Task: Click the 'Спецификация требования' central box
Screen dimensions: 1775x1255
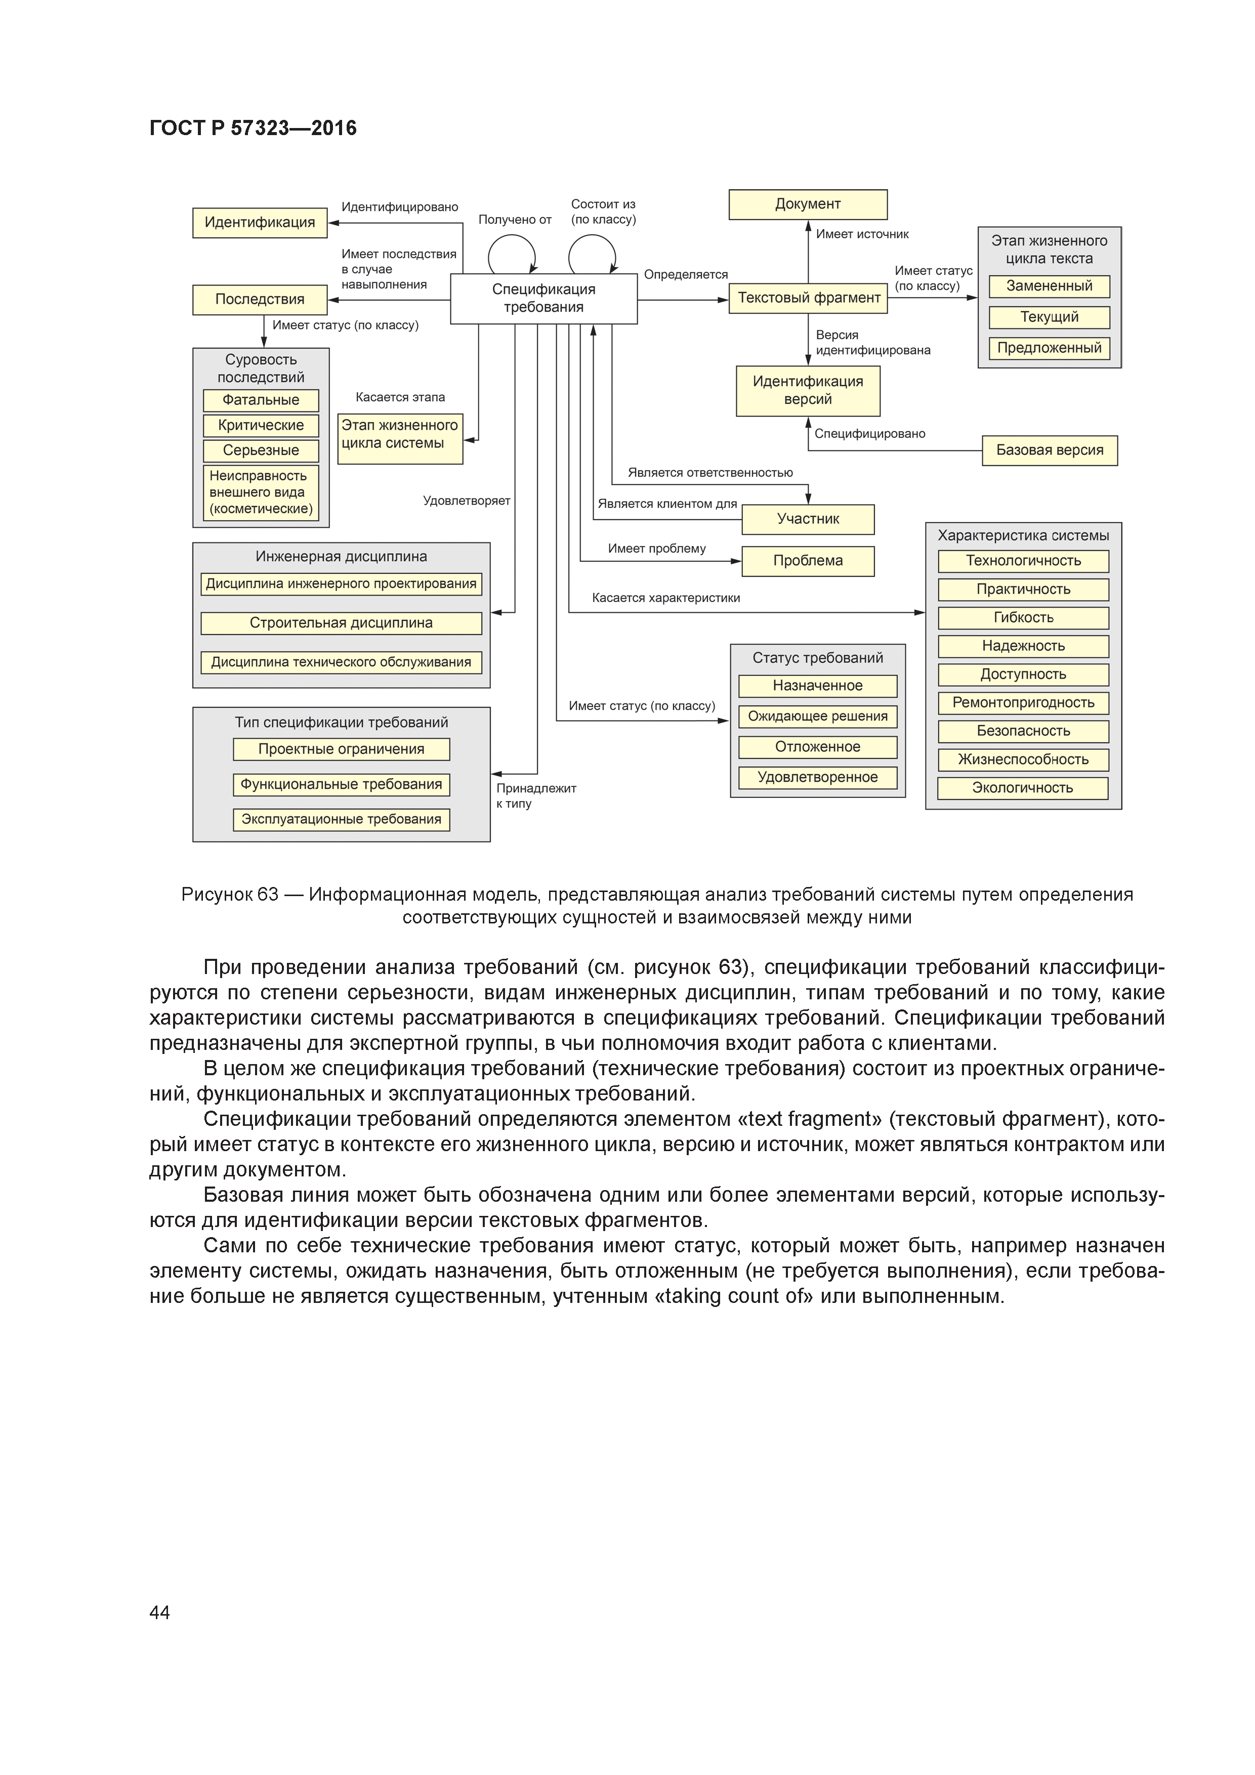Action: [x=543, y=299]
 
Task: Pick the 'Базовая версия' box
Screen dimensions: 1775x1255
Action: [x=1050, y=450]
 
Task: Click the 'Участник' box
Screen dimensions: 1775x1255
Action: [x=808, y=519]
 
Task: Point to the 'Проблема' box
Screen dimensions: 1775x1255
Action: [x=808, y=561]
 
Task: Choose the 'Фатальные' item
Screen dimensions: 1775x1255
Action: [x=261, y=400]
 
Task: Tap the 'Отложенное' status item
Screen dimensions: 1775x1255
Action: [x=817, y=747]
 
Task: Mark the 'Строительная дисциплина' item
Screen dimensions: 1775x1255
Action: [x=341, y=623]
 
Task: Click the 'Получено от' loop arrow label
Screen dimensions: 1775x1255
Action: [x=514, y=220]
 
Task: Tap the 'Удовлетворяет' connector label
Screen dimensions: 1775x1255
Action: [x=466, y=501]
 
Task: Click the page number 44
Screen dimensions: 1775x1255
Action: [x=159, y=1612]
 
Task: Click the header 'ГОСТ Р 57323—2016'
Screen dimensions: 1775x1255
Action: [x=253, y=129]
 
